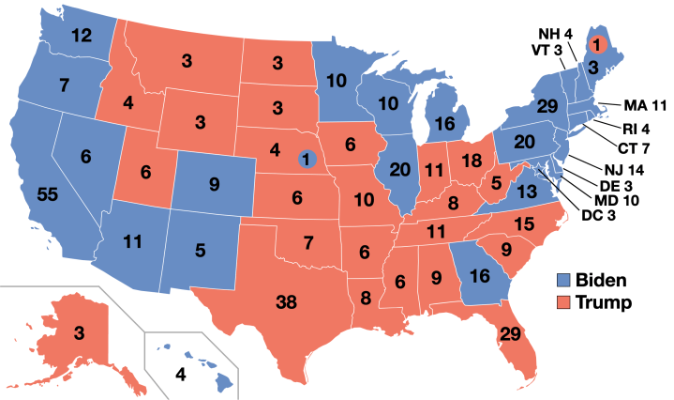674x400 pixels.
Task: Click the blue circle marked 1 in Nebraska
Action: [306, 160]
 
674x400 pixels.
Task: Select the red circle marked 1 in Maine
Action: [594, 43]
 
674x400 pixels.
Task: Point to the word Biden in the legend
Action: [603, 280]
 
